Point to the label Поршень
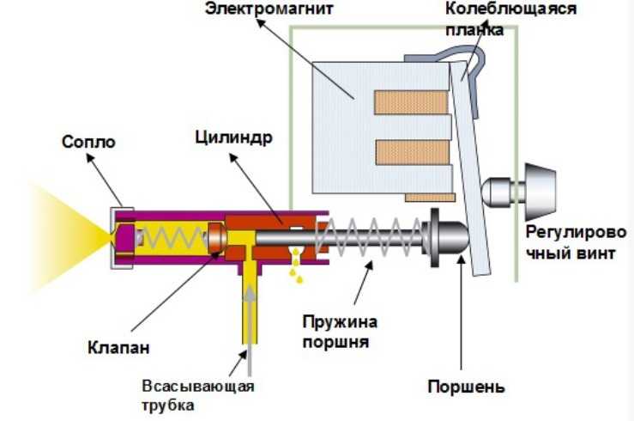click(467, 384)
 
